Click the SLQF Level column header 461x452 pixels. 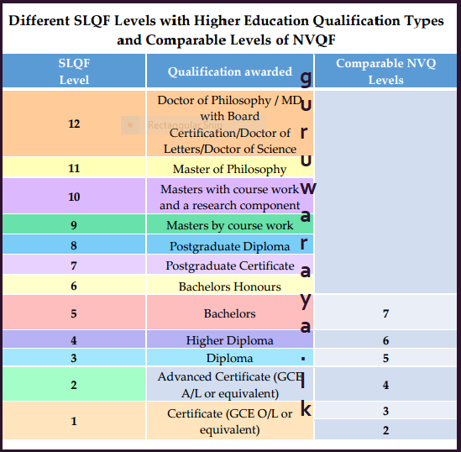point(74,71)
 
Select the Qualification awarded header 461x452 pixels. point(229,72)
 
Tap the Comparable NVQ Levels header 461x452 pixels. point(385,71)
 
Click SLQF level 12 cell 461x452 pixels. point(74,124)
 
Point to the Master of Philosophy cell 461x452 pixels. point(229,169)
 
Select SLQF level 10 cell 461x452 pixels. point(74,197)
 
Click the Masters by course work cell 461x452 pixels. point(229,225)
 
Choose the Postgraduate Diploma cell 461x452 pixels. point(229,246)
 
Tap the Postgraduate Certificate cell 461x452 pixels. point(229,265)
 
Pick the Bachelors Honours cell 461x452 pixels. point(229,286)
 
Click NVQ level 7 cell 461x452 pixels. point(385,313)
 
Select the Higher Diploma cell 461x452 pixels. point(229,340)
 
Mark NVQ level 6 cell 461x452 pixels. point(385,340)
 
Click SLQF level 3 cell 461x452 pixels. point(74,358)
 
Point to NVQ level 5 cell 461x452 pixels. point(385,358)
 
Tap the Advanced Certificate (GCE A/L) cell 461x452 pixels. point(229,386)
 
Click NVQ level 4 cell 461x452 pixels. point(385,386)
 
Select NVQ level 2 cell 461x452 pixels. point(385,430)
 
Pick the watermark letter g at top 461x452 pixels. point(306,78)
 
